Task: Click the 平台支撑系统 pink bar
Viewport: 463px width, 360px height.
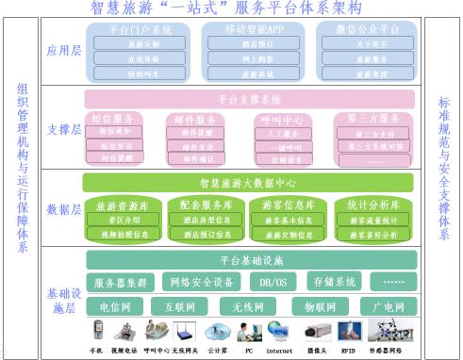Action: [250, 99]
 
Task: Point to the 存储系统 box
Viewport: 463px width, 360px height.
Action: [335, 282]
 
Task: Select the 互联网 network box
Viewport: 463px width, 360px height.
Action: [179, 306]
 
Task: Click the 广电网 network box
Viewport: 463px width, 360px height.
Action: [388, 306]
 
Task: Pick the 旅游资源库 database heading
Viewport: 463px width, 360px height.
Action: [124, 205]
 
